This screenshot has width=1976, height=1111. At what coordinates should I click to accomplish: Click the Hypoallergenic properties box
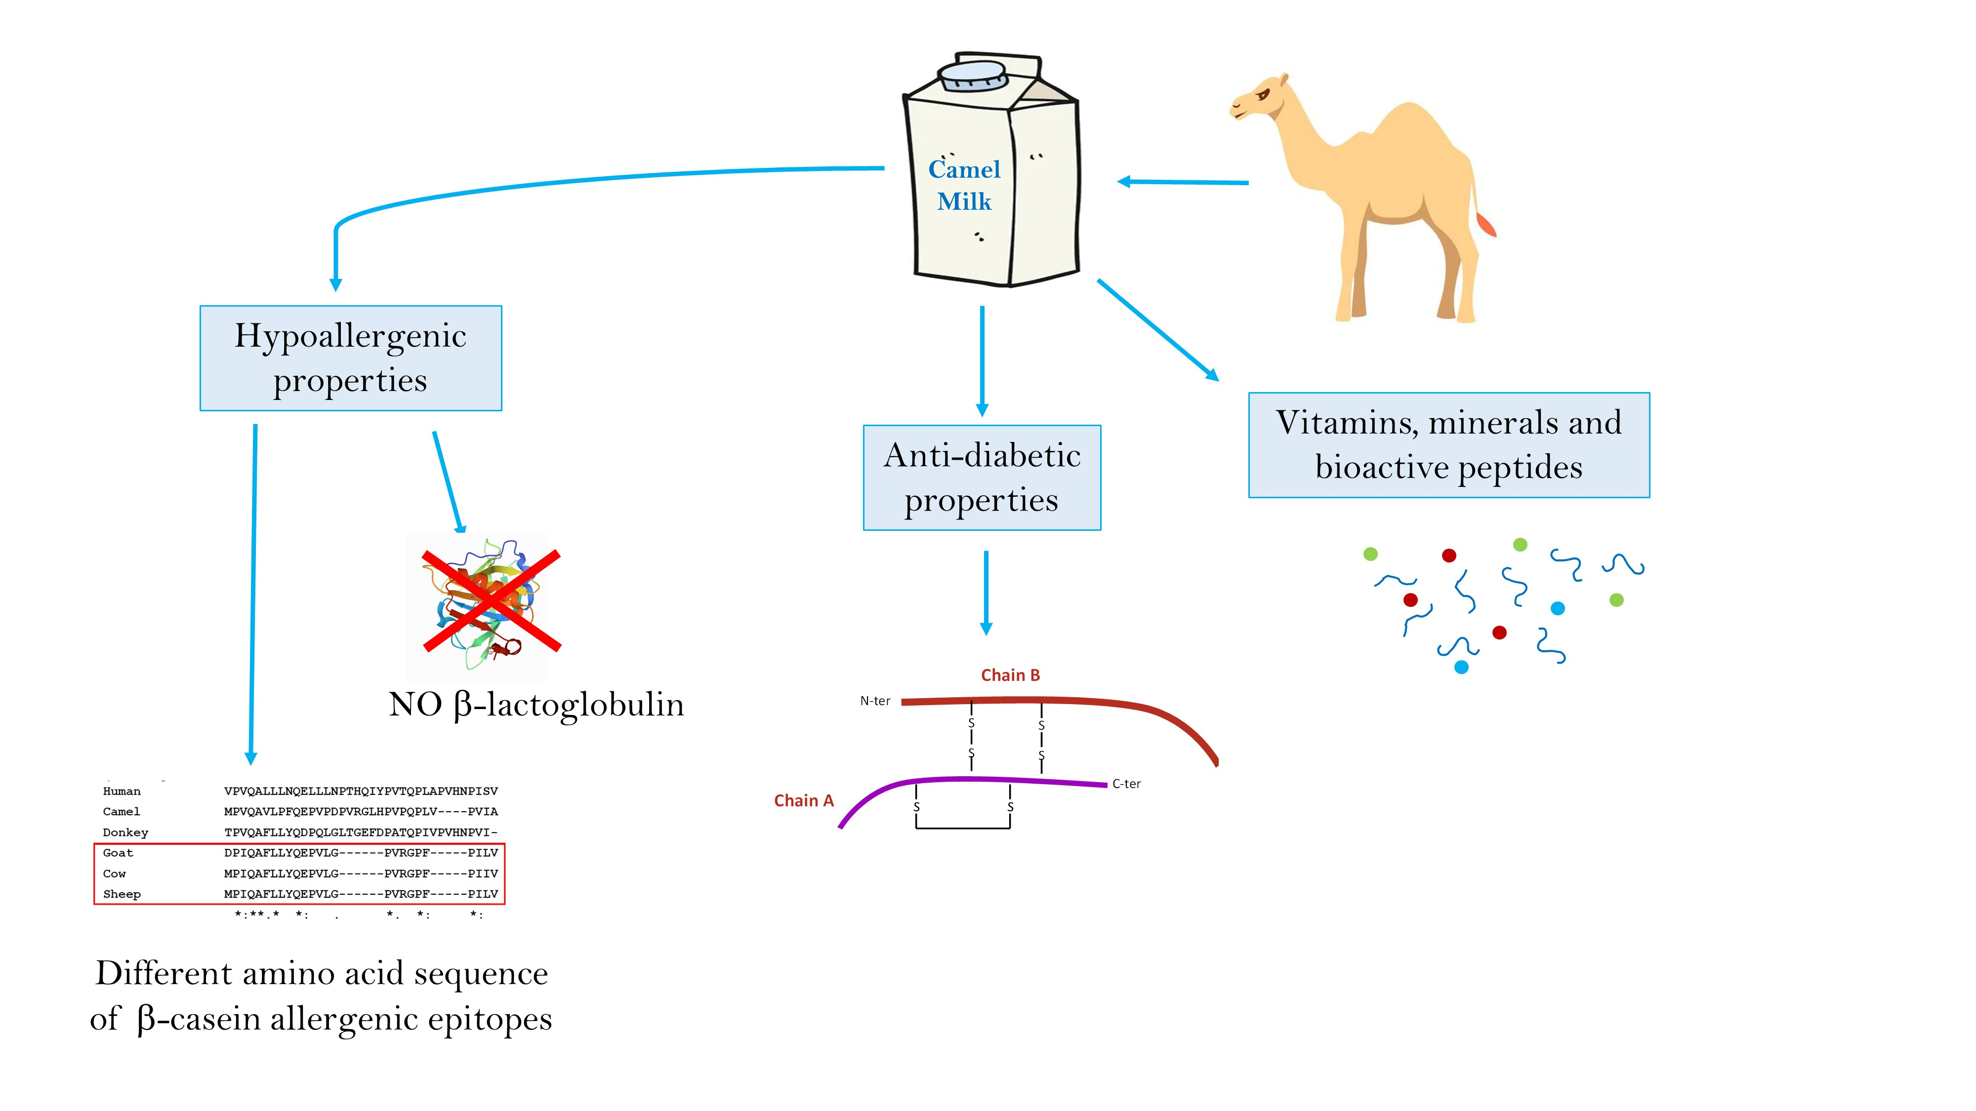point(351,358)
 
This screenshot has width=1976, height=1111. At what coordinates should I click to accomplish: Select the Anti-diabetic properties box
point(982,477)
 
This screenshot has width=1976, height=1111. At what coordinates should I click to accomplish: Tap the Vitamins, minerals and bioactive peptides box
point(1448,445)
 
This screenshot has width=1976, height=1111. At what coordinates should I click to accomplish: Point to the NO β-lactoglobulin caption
point(536,704)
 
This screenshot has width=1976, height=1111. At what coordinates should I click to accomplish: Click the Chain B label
point(1010,675)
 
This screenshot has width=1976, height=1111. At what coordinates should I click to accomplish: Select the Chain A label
point(803,800)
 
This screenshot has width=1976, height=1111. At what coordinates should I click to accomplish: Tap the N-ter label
point(874,701)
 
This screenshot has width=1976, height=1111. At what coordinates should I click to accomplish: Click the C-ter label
point(1126,784)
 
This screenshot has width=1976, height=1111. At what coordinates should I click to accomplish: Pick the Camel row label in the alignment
point(121,811)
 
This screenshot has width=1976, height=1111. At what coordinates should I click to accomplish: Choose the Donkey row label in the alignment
point(125,832)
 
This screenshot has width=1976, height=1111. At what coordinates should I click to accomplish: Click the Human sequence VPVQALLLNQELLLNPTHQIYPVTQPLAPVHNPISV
point(361,791)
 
